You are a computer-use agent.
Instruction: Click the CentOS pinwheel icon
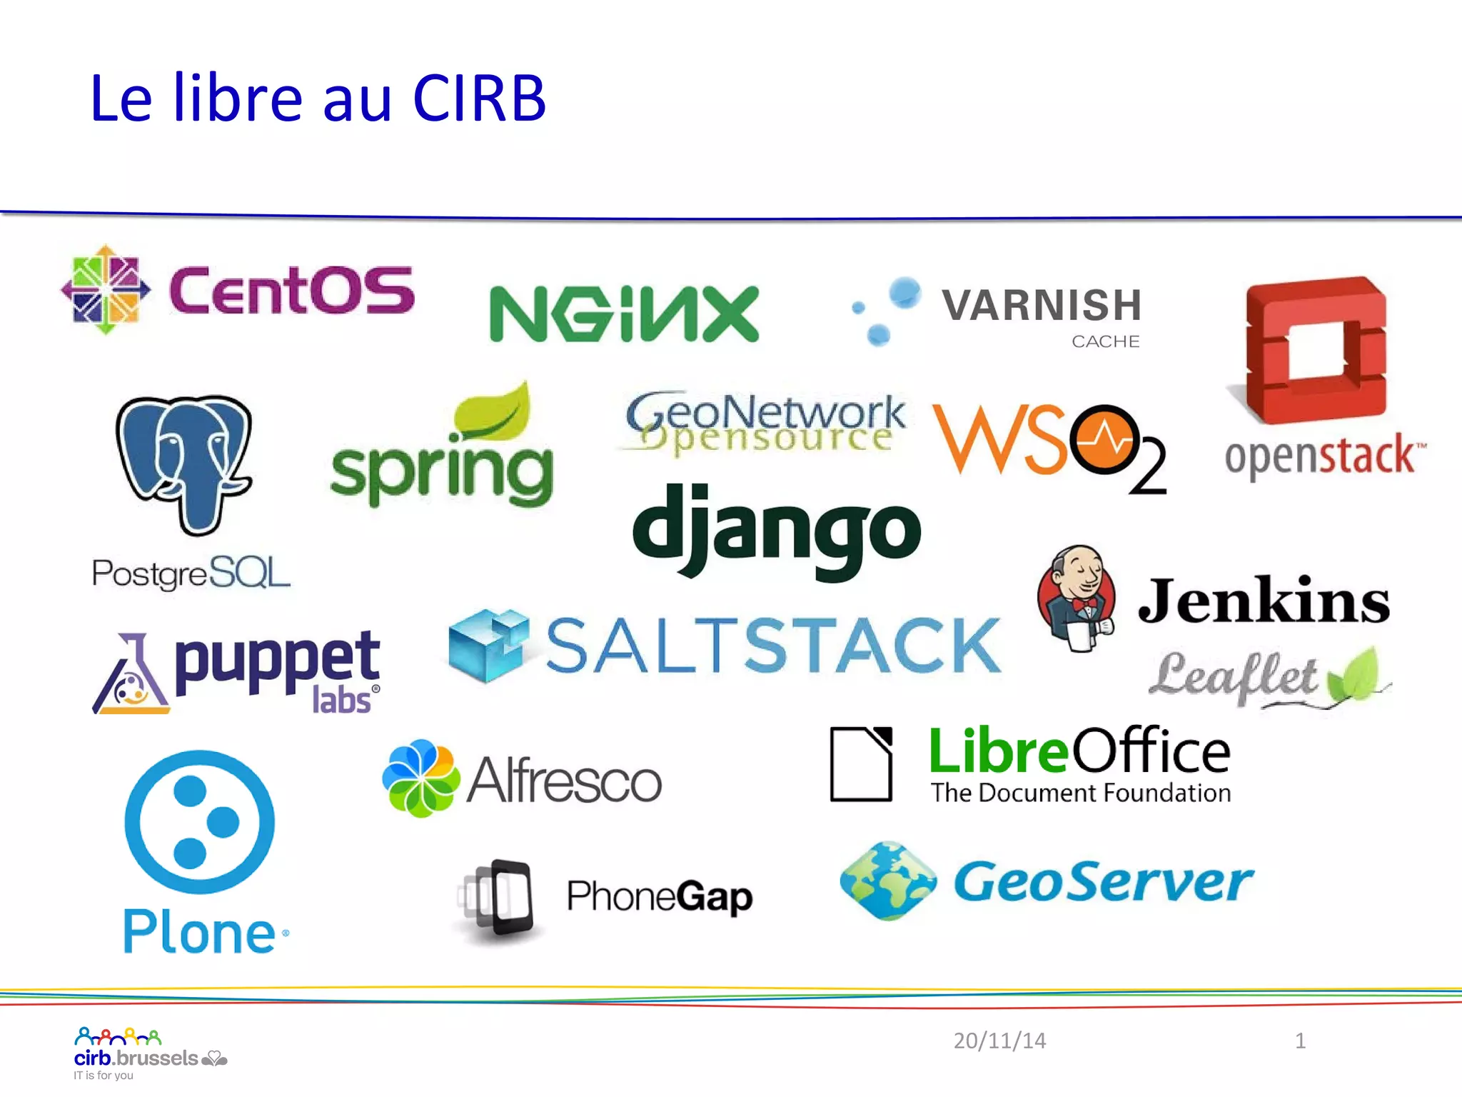[x=106, y=289]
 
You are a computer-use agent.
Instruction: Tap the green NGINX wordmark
[x=623, y=314]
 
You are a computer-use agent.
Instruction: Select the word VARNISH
[x=1042, y=306]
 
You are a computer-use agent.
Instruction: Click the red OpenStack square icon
[x=1315, y=350]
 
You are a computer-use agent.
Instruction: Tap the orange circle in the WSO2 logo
[x=1104, y=440]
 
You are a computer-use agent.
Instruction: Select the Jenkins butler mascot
[x=1077, y=598]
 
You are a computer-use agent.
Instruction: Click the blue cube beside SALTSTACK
[x=488, y=645]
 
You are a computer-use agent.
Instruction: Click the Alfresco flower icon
[x=420, y=778]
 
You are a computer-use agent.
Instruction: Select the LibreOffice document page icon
[x=862, y=764]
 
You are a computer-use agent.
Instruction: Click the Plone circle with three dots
[x=199, y=821]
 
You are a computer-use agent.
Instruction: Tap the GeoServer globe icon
[x=888, y=881]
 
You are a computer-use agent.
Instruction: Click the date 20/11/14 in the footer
[x=999, y=1041]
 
